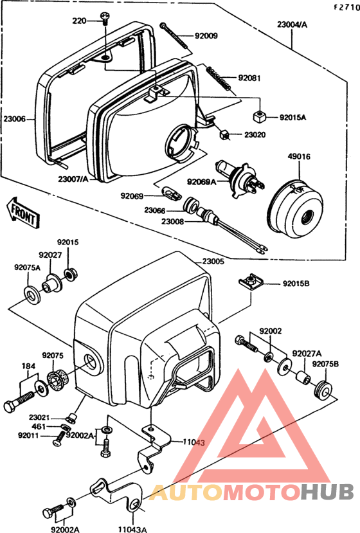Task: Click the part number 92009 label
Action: [x=206, y=36]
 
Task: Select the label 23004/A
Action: [x=292, y=24]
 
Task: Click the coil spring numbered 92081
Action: [x=219, y=78]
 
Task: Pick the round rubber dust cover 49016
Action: [x=294, y=210]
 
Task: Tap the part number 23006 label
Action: [x=15, y=119]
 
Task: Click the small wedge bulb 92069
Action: [x=173, y=195]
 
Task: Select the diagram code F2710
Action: [x=346, y=8]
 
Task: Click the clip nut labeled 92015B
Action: [x=251, y=281]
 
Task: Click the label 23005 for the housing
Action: [x=213, y=262]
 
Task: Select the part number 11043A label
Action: [x=132, y=529]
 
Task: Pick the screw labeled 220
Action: [x=104, y=19]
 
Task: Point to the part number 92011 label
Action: [x=28, y=435]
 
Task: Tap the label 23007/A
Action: [x=73, y=179]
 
